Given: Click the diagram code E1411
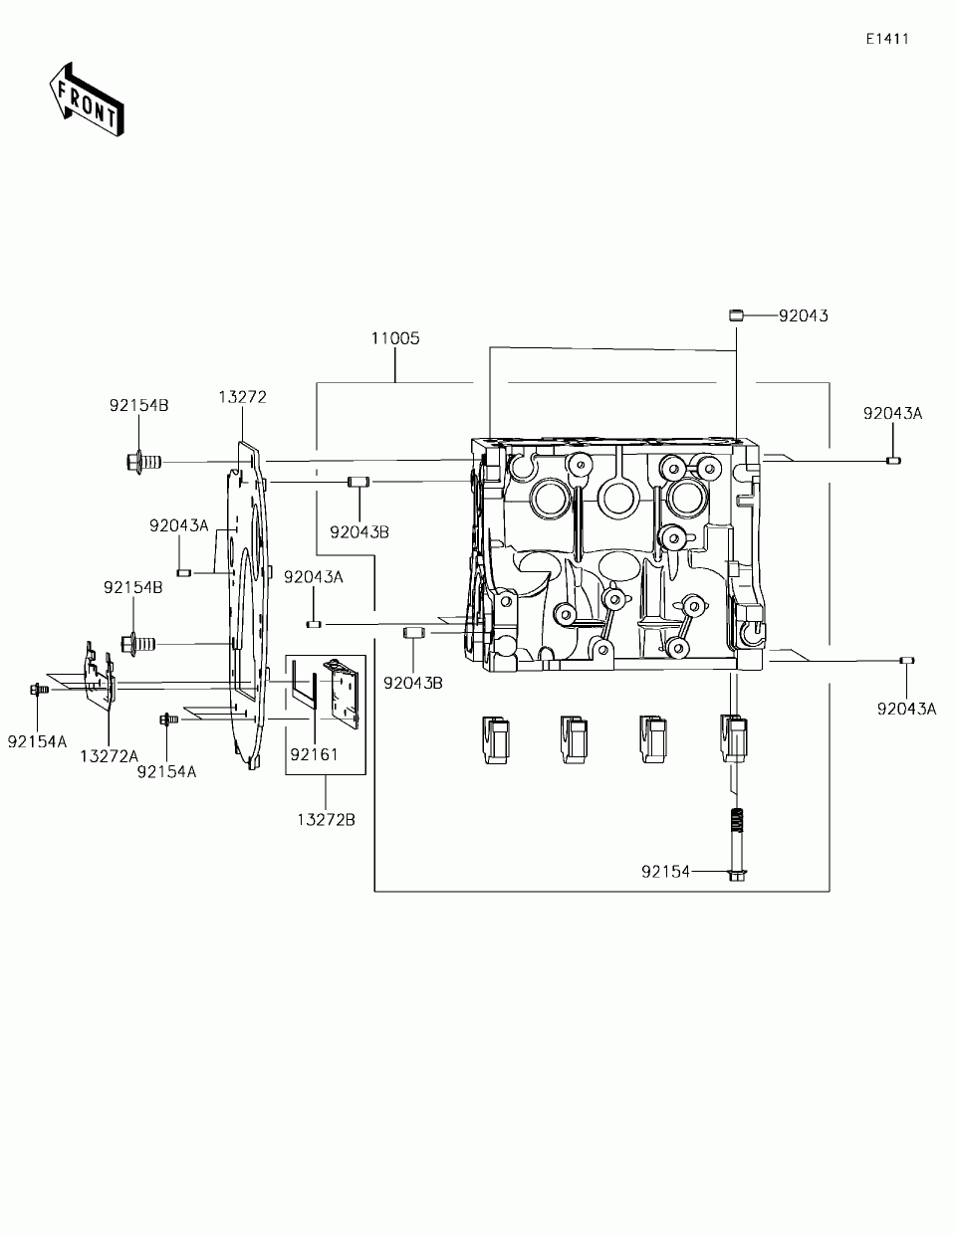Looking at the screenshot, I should tap(886, 39).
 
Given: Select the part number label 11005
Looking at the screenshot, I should tap(395, 338).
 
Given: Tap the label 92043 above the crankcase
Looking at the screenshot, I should tap(803, 315).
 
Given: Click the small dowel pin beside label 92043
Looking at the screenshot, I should tap(737, 315).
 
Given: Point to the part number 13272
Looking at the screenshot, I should tap(242, 397).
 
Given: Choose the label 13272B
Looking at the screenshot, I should tap(326, 819).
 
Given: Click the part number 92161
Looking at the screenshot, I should tap(315, 754).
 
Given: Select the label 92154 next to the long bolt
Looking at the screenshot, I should tap(665, 872).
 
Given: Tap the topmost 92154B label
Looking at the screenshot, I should tap(138, 405).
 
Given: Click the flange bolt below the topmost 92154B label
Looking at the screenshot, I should tap(143, 462).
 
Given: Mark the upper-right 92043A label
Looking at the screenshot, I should tap(892, 413).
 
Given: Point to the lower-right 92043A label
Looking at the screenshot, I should tap(906, 709).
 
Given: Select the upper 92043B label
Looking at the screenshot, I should tap(358, 531).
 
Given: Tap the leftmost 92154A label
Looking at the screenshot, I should tap(37, 740).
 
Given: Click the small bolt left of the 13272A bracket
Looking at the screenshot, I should tap(37, 688).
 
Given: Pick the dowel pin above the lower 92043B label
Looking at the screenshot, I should tap(413, 633).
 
